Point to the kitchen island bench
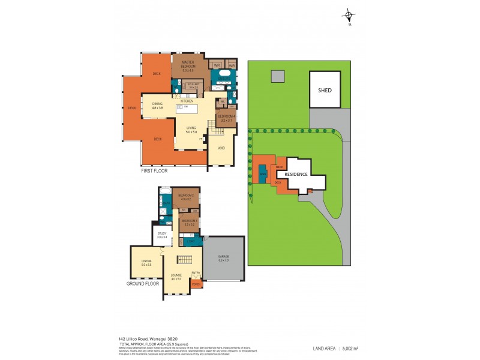(185, 108)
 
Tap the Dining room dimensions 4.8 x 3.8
(157, 108)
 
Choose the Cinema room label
(146, 262)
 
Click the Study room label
(161, 235)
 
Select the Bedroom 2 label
(185, 197)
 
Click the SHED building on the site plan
(325, 91)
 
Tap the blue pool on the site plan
(263, 174)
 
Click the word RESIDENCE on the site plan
(295, 175)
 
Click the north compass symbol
(347, 16)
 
